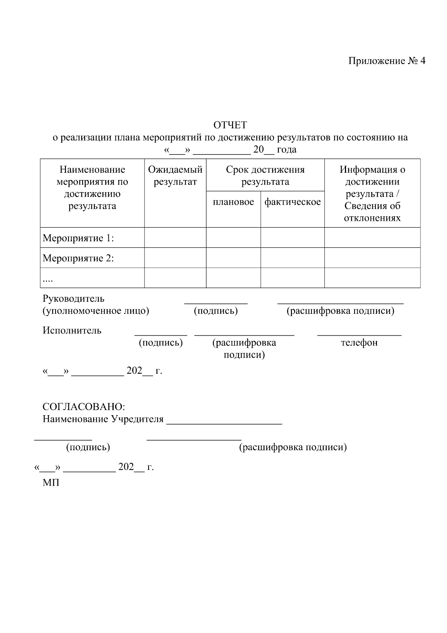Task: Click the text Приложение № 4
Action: (386, 61)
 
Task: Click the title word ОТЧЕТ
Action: (230, 125)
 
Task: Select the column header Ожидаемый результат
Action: (175, 176)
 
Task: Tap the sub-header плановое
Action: (234, 202)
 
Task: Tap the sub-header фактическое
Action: (292, 202)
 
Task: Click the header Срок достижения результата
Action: (265, 176)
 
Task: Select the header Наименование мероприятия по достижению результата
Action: (92, 188)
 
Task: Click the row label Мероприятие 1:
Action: (78, 238)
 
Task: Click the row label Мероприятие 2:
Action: (78, 258)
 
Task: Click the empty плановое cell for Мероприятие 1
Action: (234, 238)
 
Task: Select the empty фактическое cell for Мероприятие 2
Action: (292, 258)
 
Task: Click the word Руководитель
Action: (73, 299)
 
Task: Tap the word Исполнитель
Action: (72, 330)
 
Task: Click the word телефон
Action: (359, 342)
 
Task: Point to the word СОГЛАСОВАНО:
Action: (84, 407)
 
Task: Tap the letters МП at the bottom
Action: (51, 483)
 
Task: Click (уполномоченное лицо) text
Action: (96, 311)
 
